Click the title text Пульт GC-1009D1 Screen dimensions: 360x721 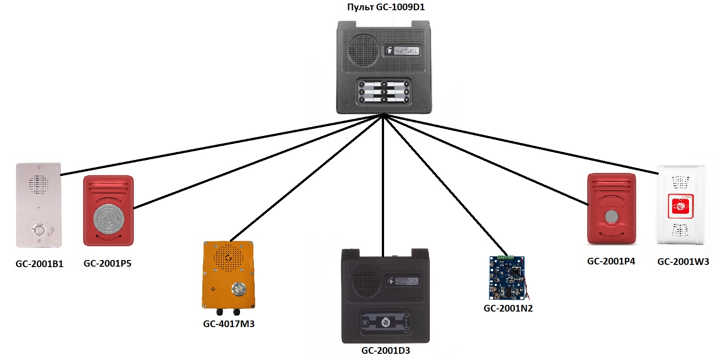point(385,7)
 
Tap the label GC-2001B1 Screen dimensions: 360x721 point(40,264)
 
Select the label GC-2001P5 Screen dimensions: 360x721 point(108,264)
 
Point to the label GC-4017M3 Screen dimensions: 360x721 point(229,324)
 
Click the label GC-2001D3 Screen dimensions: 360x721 point(385,350)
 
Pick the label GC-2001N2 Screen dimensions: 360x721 point(508,308)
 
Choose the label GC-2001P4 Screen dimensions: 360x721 point(611,261)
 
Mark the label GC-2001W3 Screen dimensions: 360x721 point(683,262)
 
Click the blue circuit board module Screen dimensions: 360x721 point(507,278)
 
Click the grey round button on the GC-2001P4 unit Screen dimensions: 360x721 point(612,217)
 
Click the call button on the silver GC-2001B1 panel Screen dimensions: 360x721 point(38,230)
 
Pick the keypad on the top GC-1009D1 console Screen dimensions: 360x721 point(384,92)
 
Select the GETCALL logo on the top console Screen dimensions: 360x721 point(403,51)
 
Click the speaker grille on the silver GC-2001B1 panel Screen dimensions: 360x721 point(38,184)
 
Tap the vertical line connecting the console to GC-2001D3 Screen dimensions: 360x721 point(382,187)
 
